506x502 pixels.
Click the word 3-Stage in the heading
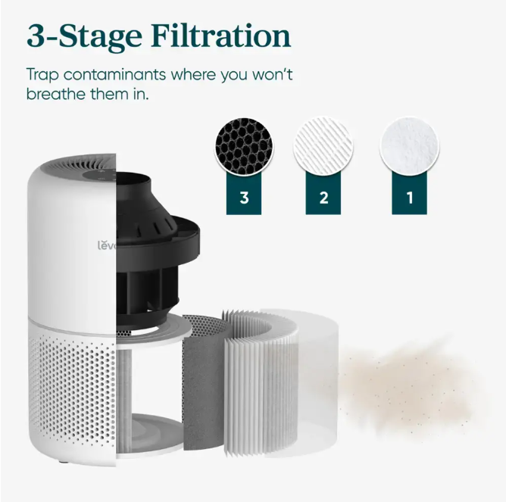84,37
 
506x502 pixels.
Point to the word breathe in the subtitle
56,94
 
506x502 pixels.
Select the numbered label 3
244,198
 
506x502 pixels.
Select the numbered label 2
323,198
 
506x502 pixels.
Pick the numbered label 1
410,198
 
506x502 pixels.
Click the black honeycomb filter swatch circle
244,146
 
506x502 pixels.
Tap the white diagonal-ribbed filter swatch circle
323,146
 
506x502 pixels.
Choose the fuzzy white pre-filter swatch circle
409,146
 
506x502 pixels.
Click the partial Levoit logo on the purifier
107,246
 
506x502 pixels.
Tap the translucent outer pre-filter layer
314,384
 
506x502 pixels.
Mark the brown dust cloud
410,387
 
